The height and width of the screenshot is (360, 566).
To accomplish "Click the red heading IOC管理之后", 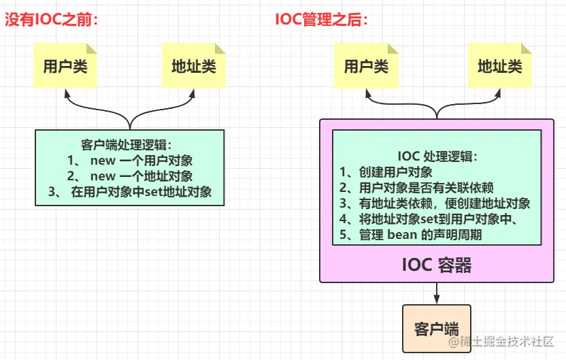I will [322, 20].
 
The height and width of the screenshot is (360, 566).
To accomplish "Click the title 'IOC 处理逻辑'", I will [437, 157].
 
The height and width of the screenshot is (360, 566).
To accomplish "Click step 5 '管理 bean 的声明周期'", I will [420, 235].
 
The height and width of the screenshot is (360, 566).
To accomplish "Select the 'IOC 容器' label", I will [437, 264].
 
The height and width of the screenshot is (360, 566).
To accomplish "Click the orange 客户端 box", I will [437, 328].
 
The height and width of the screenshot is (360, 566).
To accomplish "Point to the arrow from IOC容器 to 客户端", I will [437, 293].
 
